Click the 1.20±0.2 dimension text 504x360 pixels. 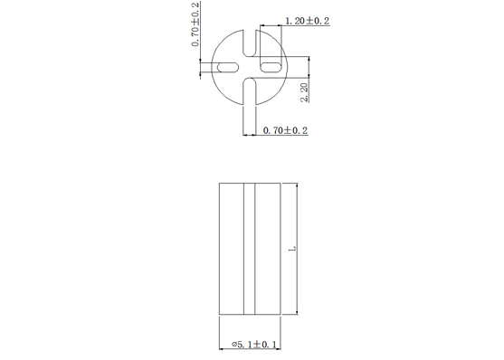tap(308, 21)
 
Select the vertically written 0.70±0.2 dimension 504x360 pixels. tap(195, 24)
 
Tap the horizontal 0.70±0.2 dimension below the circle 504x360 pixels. tap(285, 130)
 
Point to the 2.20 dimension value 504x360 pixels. tap(304, 92)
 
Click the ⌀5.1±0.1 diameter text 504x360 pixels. tap(254, 345)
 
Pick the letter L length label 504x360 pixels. tap(292, 249)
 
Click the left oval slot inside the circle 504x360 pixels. tap(228, 67)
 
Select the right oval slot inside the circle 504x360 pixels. tap(271, 67)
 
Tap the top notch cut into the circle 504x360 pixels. tap(250, 43)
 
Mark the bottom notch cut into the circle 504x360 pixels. tap(250, 91)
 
